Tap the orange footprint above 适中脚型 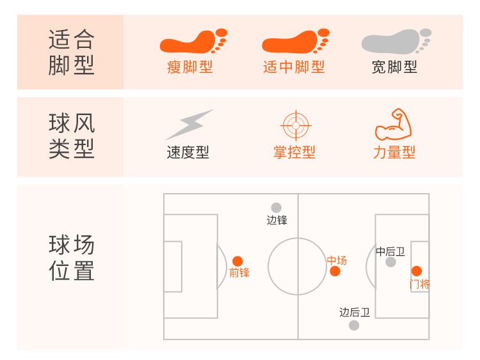(x=295, y=42)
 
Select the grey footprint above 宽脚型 (x=396, y=42)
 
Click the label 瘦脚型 (x=190, y=67)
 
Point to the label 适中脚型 (x=294, y=67)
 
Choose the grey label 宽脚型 (x=394, y=67)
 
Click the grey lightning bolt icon (x=189, y=125)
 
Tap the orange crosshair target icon (x=295, y=125)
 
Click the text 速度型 (x=188, y=153)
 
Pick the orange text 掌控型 (x=294, y=153)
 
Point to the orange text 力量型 (x=394, y=153)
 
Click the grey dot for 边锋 (x=276, y=208)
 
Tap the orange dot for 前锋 (x=237, y=261)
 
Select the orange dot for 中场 (x=335, y=271)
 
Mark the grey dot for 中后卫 (x=390, y=262)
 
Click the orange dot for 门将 (x=417, y=270)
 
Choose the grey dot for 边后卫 (x=354, y=325)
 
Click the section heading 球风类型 (x=71, y=136)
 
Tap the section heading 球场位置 (x=71, y=258)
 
